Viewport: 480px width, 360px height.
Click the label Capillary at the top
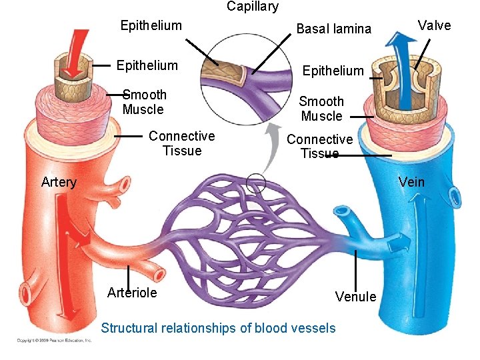click(x=253, y=7)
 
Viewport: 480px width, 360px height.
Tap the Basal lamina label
click(x=333, y=29)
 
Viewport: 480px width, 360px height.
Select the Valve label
click(x=434, y=25)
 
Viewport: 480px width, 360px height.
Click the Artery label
click(x=59, y=182)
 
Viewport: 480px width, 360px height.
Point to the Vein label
click(x=411, y=182)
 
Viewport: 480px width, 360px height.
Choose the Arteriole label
click(x=132, y=293)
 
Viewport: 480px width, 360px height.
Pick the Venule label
click(x=355, y=297)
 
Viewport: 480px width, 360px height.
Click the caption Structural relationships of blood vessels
click(x=218, y=328)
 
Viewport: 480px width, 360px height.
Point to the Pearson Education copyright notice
click(x=54, y=340)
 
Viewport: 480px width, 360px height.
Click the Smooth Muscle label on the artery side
click(x=144, y=102)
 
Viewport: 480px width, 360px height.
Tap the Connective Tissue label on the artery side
click(x=181, y=143)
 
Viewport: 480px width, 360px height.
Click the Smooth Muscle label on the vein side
click(x=321, y=109)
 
